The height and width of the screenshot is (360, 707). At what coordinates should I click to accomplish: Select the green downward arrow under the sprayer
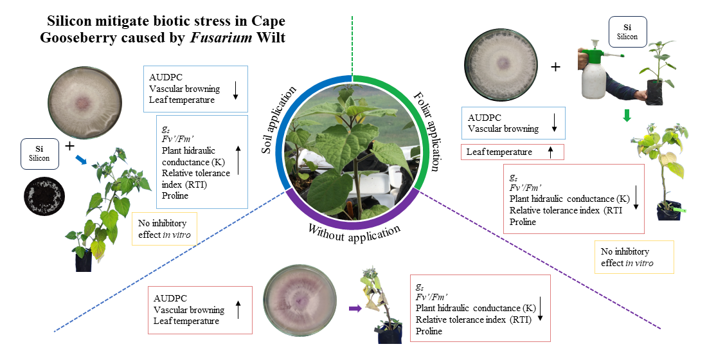coord(627,115)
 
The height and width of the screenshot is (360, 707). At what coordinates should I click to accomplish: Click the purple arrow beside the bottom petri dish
coord(355,309)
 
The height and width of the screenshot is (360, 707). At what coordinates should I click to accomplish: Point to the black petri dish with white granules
coord(44,197)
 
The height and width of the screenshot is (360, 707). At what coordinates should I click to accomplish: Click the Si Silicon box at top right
coord(628,32)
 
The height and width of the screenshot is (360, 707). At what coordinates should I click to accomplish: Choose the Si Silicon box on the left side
coord(39,154)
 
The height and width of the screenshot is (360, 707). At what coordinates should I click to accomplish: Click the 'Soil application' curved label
coord(279,120)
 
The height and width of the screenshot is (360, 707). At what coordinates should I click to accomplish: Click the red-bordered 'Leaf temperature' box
coord(512,152)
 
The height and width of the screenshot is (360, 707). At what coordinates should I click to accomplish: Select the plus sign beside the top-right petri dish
coord(555,67)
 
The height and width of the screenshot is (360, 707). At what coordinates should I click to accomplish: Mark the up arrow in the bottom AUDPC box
coord(238,310)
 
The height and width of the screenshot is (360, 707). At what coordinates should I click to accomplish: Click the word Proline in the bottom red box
coord(429,331)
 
